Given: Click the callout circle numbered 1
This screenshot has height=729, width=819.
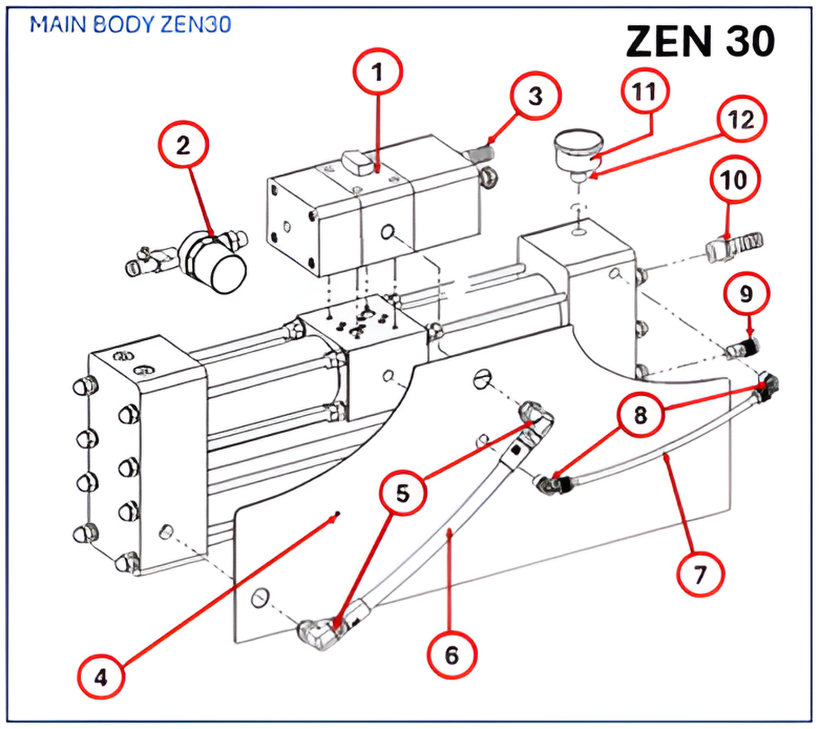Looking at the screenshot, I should click(377, 72).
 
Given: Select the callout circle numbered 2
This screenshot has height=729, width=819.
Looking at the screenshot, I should click(183, 145).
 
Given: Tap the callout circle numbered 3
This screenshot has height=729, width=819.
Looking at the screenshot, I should click(536, 96).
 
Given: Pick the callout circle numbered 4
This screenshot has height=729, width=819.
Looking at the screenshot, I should click(101, 677).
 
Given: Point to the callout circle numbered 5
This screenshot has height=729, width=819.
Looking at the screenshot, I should click(403, 493).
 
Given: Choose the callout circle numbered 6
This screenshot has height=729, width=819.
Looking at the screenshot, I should click(452, 655).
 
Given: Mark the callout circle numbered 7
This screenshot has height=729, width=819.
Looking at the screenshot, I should click(700, 575).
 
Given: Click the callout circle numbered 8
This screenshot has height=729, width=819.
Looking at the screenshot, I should click(640, 415).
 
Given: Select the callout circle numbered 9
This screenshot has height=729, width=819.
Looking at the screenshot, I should click(746, 294).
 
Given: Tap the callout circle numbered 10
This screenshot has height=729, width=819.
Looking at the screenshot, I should click(734, 180).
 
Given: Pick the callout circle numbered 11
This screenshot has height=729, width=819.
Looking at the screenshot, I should click(645, 92).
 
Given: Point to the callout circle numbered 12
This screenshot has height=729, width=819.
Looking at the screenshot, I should click(742, 119).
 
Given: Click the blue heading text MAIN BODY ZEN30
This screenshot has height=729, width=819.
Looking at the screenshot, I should click(131, 25).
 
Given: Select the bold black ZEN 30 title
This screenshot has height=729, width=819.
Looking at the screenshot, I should click(700, 42).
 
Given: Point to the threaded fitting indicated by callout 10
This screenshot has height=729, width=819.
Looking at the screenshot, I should click(734, 246).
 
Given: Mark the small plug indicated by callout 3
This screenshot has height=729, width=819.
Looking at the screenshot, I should click(480, 153).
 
